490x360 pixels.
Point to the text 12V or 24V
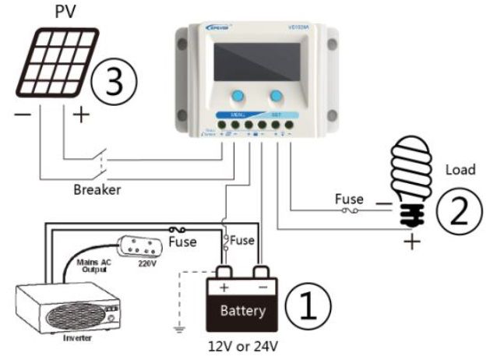[243, 345]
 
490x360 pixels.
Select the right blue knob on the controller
[276, 97]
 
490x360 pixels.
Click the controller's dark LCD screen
[256, 62]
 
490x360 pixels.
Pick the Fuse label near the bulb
[349, 199]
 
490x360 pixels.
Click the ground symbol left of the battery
[181, 327]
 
